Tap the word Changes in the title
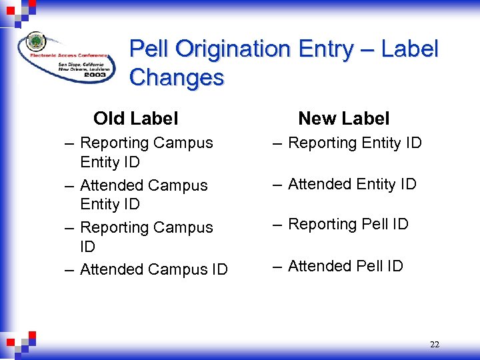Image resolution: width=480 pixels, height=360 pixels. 177,77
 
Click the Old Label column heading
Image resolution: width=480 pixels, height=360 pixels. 136,119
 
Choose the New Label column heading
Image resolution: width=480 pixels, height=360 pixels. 343,119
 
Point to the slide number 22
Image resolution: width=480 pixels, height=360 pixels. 435,345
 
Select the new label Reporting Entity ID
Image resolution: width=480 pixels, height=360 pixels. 355,143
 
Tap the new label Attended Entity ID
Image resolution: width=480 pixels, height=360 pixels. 352,184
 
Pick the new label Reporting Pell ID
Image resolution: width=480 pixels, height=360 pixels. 348,225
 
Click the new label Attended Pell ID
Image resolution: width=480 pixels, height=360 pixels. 345,266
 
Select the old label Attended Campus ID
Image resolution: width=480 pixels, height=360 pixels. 153,269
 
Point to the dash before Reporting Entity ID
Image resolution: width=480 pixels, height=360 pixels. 276,143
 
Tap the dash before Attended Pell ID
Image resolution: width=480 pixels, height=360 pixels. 276,267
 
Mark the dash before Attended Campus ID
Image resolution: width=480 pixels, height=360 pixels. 69,270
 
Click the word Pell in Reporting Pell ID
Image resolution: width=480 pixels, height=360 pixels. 376,225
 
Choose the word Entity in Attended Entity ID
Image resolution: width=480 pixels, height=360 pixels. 374,184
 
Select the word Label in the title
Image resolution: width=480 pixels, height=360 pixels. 411,49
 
